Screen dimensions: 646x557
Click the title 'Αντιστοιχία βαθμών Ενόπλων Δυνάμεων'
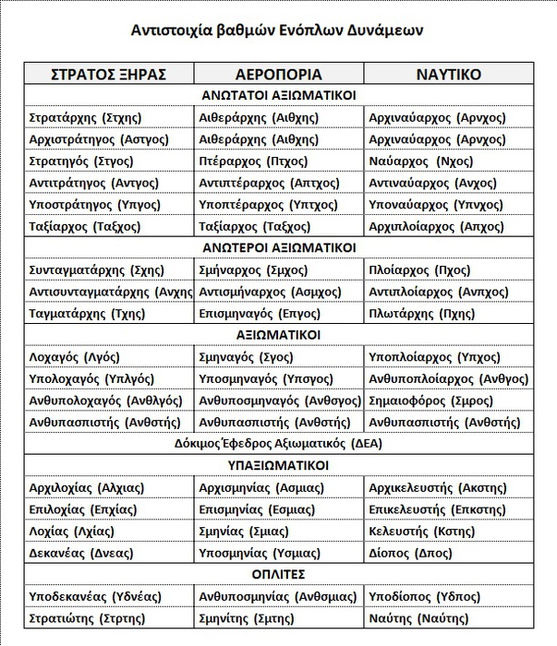click(x=278, y=30)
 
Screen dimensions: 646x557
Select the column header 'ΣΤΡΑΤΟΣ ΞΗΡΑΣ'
click(x=108, y=74)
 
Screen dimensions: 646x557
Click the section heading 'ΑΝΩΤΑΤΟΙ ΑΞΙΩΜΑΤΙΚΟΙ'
click(x=278, y=95)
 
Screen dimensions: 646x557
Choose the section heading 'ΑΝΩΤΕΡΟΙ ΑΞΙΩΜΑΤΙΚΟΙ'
click(x=278, y=247)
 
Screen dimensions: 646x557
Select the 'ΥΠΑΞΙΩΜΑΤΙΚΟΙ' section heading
click(x=278, y=466)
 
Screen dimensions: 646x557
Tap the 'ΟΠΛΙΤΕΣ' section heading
click(x=278, y=575)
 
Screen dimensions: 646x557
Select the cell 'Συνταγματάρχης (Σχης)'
click(x=97, y=269)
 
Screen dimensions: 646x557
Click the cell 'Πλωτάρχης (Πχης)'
click(x=421, y=313)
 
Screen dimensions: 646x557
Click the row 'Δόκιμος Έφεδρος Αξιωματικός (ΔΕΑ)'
click(x=278, y=443)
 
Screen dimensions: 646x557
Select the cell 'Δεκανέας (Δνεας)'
click(x=81, y=553)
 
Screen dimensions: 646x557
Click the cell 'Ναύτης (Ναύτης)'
click(x=418, y=618)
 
